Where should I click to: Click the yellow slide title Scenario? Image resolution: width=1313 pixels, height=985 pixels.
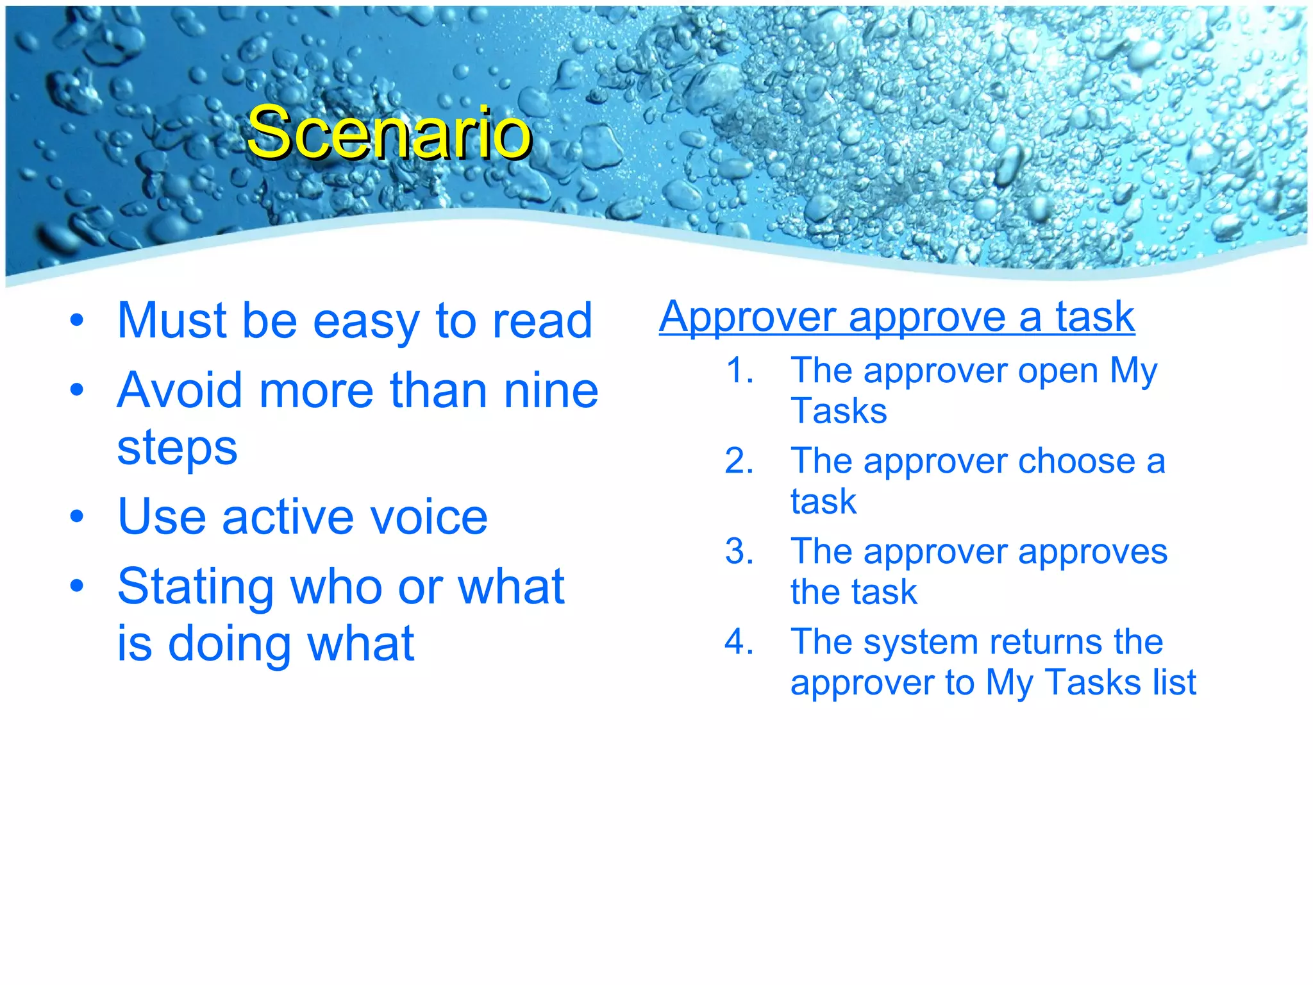(389, 133)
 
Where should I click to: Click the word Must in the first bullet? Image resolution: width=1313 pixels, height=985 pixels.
(172, 321)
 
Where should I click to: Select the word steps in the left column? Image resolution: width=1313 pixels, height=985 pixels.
(177, 448)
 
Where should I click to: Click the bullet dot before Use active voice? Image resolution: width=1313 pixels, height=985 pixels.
(77, 516)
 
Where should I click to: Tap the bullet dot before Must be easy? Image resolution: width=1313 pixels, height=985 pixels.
(77, 320)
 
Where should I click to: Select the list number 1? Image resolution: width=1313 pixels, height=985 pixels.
(738, 371)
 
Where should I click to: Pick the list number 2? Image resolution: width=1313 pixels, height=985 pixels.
(738, 461)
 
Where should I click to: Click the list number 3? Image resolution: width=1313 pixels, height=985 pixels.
(738, 551)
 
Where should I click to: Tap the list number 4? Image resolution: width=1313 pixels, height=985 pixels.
(738, 642)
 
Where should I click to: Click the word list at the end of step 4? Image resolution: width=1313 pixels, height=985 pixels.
(1174, 682)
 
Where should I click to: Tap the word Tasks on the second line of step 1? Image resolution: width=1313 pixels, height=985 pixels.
(839, 411)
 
